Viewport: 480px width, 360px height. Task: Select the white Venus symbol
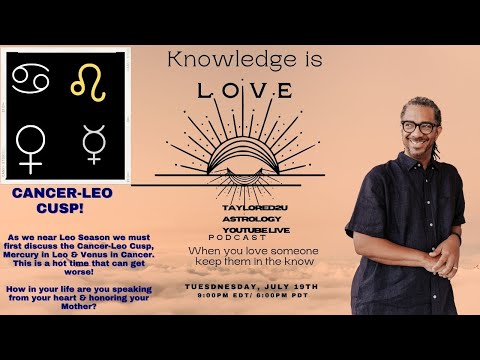(x=31, y=146)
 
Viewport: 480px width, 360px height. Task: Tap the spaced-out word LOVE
(x=245, y=91)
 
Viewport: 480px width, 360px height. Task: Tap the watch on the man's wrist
(x=456, y=238)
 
